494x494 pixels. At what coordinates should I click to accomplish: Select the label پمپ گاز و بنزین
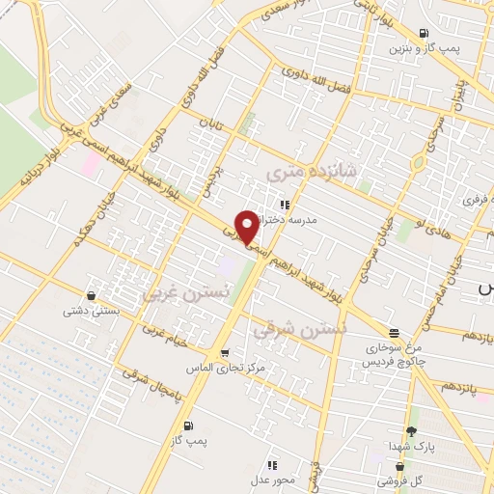click(425, 47)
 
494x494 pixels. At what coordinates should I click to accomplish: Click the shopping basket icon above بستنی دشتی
click(92, 295)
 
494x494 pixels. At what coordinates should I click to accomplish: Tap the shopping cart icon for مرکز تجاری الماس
click(224, 353)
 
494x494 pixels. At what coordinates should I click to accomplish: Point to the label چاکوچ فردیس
click(391, 361)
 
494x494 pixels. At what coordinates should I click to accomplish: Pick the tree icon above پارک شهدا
click(412, 431)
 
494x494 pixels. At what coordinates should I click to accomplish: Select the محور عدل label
click(273, 480)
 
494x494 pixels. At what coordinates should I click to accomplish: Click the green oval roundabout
click(418, 164)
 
